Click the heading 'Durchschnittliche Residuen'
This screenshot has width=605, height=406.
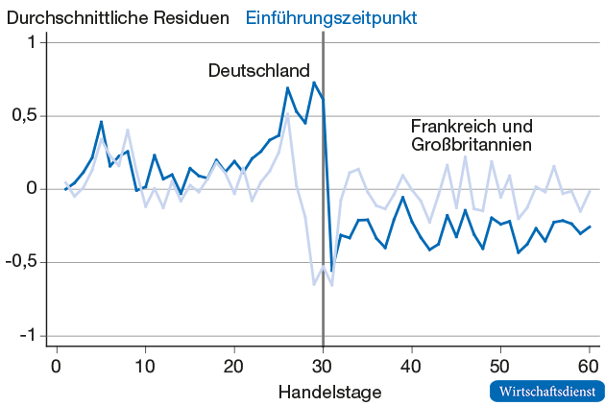pyautogui.click(x=118, y=18)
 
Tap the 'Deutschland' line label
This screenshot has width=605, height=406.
pyautogui.click(x=259, y=71)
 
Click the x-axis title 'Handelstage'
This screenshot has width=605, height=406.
pyautogui.click(x=330, y=392)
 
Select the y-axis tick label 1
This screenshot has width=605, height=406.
pyautogui.click(x=32, y=42)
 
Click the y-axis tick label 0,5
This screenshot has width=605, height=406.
pyautogui.click(x=22, y=115)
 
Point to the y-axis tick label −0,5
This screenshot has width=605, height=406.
pyautogui.click(x=19, y=262)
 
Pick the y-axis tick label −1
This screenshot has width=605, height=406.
pyautogui.click(x=27, y=335)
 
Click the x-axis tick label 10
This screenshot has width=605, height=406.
pyautogui.click(x=145, y=366)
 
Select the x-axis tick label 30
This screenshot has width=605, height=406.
pyautogui.click(x=323, y=366)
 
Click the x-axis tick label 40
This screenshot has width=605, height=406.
pyautogui.click(x=411, y=366)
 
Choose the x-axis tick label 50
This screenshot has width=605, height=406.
pyautogui.click(x=499, y=366)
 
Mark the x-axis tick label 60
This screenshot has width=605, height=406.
pyautogui.click(x=588, y=366)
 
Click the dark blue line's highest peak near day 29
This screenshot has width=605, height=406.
pyautogui.click(x=314, y=83)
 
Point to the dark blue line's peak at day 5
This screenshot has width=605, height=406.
pyautogui.click(x=101, y=122)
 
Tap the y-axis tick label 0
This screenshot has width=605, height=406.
pyautogui.click(x=32, y=189)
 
